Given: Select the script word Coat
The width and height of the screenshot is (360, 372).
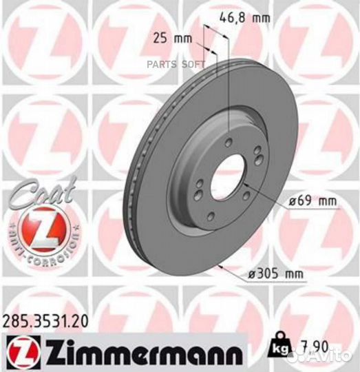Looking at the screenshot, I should (x=39, y=191).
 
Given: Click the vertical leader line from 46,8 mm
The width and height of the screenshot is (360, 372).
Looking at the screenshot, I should (x=227, y=83).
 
